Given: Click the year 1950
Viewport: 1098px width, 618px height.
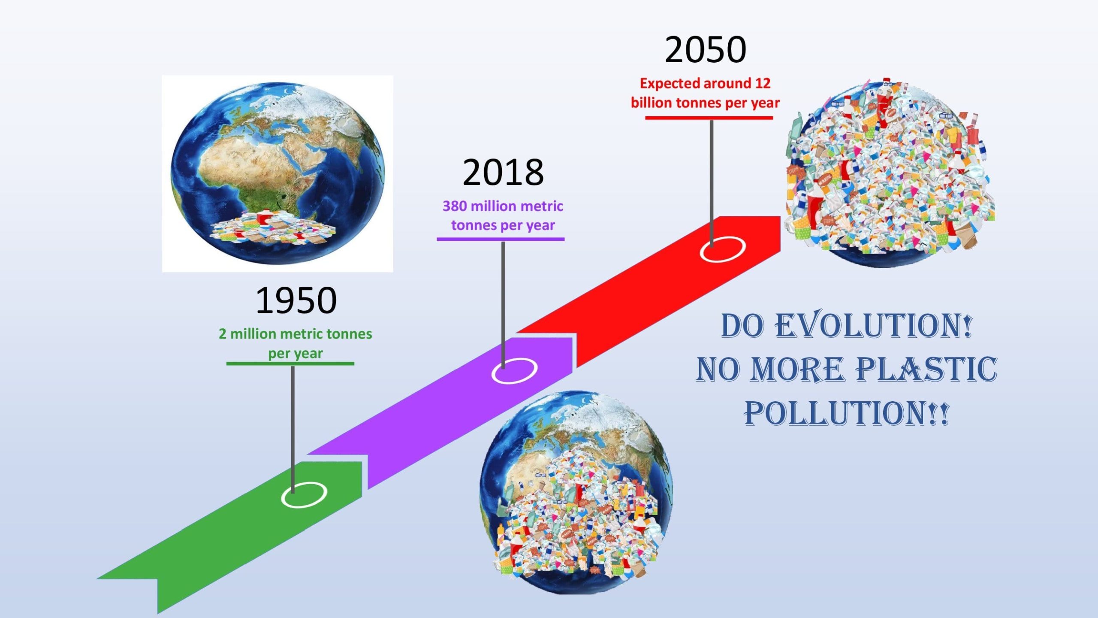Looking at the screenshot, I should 296,300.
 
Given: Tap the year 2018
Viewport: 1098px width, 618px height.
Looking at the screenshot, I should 503,173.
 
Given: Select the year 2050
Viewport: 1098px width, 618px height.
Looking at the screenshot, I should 706,50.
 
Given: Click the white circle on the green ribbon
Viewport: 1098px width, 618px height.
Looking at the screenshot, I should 304,494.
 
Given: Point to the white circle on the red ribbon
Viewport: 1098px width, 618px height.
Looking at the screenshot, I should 723,249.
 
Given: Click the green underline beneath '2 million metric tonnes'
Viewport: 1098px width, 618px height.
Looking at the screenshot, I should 290,364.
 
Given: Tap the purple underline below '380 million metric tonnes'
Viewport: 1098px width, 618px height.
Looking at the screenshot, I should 501,239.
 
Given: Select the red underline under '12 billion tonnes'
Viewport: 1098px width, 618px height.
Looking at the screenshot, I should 709,118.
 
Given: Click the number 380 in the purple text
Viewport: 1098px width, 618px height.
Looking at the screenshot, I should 455,206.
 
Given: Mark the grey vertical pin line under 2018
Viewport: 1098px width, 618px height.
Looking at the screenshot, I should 503,300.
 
